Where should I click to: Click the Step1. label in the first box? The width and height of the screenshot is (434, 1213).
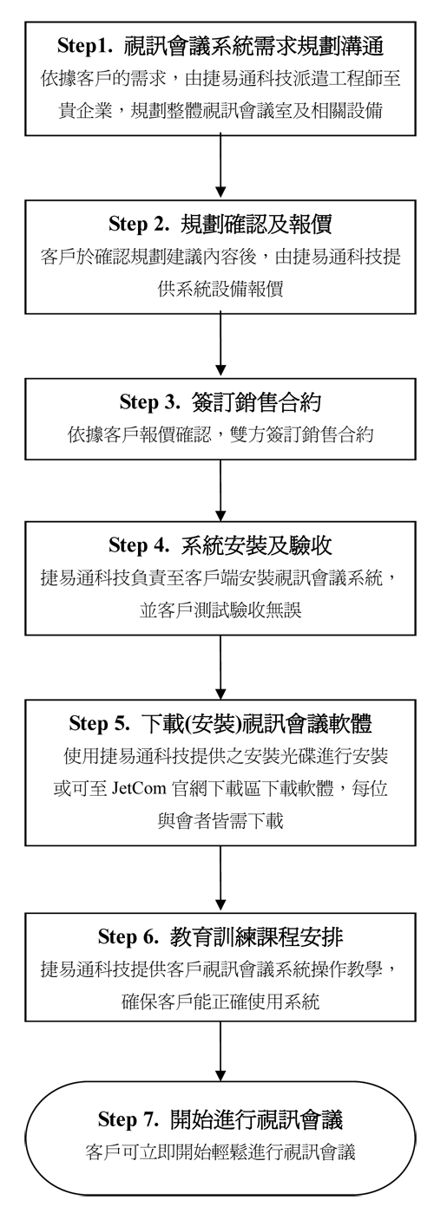coord(85,47)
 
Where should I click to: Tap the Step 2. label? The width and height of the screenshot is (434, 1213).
coord(139,224)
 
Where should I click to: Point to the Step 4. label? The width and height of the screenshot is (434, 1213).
coord(139,545)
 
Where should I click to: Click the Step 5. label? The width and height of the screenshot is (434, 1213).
coord(99,723)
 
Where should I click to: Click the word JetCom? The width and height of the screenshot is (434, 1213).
coord(139,787)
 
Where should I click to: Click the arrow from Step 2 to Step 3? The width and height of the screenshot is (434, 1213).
coord(220,344)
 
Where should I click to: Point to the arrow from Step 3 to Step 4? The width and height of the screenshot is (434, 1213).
coord(220,490)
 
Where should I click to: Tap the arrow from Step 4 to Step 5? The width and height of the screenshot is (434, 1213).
coord(220,667)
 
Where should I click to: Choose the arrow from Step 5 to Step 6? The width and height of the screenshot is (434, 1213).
coord(220,879)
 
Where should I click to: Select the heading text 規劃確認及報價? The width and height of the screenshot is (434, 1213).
coord(256,224)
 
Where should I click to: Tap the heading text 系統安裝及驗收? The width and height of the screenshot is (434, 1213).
coord(256,545)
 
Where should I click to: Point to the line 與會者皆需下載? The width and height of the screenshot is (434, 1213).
coord(220,820)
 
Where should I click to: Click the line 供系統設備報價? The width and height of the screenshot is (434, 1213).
coord(220,289)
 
